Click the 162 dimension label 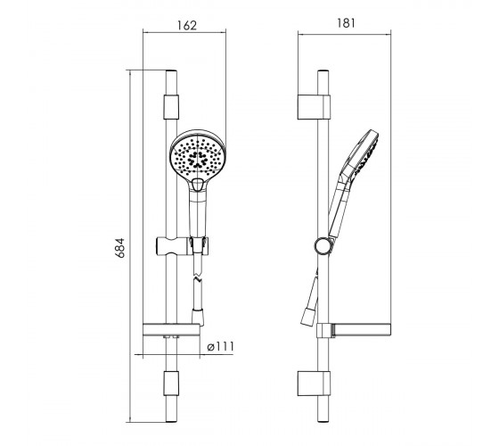[x=187, y=25]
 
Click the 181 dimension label [x=346, y=23]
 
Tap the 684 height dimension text [x=120, y=248]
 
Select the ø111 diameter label [x=220, y=346]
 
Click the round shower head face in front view [x=198, y=155]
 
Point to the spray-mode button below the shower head [x=198, y=185]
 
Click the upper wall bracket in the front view [x=171, y=107]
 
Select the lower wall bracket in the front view [x=171, y=384]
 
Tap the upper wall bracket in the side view [x=314, y=107]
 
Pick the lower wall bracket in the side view [x=314, y=384]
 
